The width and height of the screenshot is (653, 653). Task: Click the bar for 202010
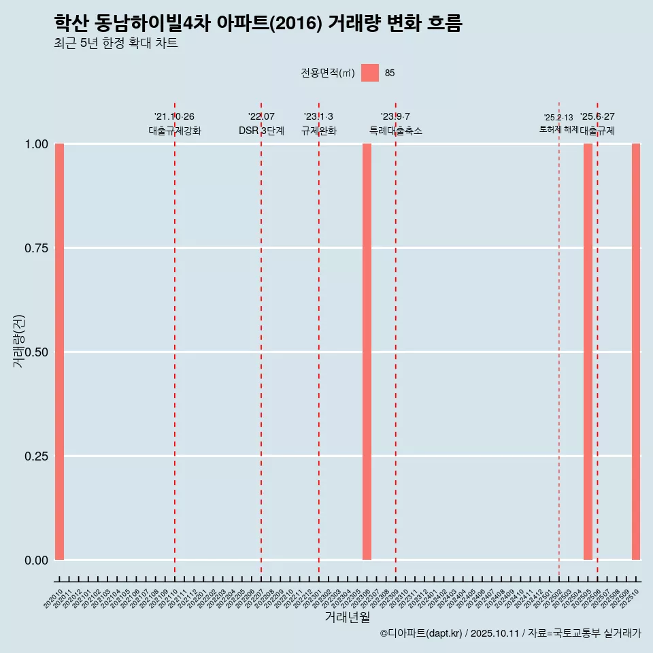point(59,352)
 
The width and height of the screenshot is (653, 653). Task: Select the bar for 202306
point(367,352)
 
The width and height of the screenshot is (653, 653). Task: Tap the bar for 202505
point(588,352)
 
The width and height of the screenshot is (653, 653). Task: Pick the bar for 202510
point(636,352)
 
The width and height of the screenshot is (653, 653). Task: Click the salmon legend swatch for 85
point(369,73)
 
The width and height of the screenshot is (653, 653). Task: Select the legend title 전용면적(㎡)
point(327,73)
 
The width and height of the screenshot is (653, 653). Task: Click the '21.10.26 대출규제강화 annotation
point(175,124)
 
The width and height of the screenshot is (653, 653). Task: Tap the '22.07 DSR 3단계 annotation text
point(261,124)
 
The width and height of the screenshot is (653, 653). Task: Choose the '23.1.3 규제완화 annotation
point(318,124)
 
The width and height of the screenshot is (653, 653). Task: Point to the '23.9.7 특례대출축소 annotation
point(395,124)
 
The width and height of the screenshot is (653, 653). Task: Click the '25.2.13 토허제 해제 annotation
point(558,123)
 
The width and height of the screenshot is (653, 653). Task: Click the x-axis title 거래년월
point(347,617)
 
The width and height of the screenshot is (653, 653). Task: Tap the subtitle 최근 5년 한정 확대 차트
point(116,44)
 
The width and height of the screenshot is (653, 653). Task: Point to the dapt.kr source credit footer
point(510,633)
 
